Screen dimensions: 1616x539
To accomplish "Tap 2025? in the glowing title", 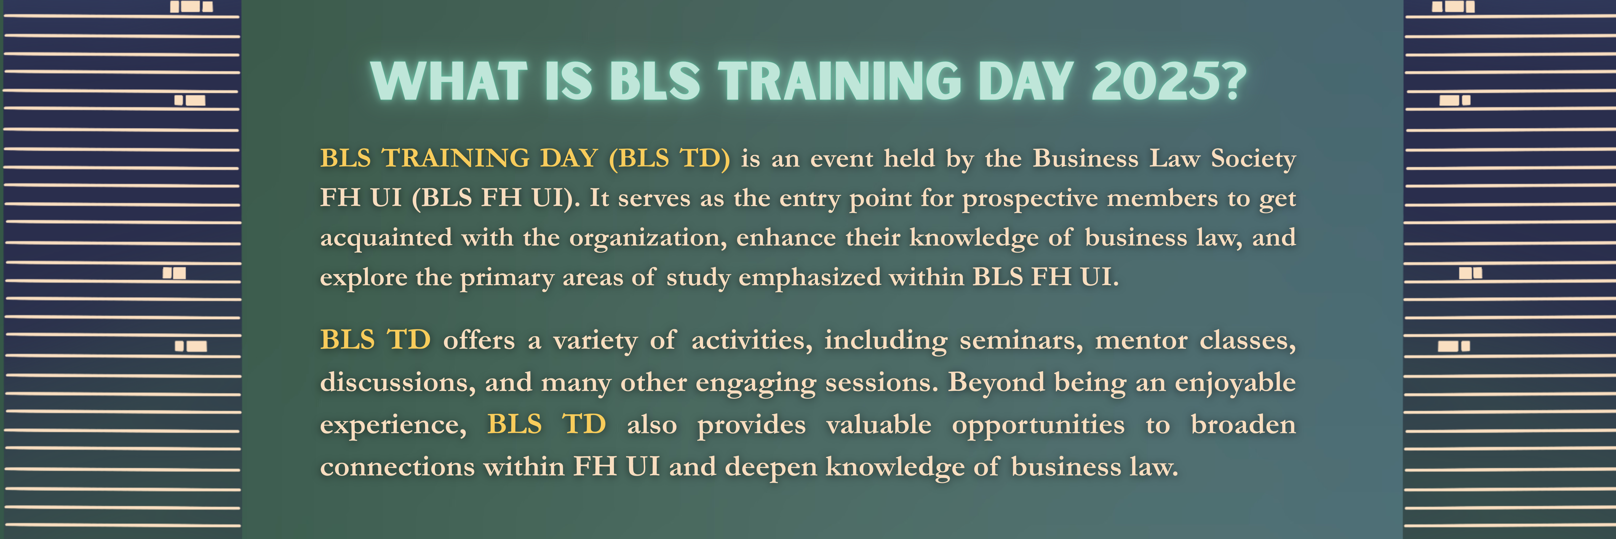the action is (x=1169, y=82).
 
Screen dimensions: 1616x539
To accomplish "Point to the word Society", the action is (x=1253, y=159).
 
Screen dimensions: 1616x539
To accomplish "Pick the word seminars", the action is (x=1021, y=341).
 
